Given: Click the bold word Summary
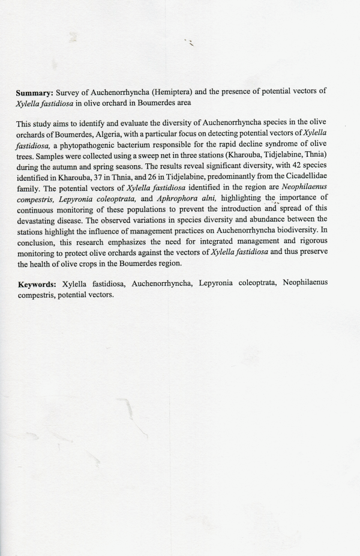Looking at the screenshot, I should point(35,92).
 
